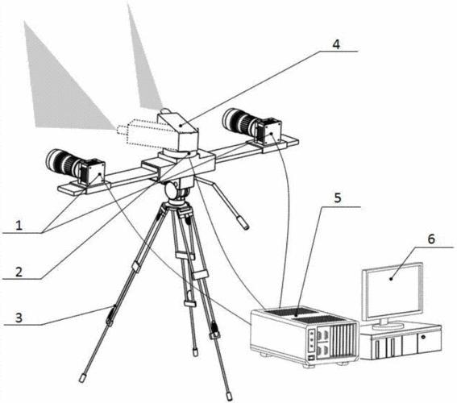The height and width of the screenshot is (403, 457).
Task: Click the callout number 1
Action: pos(19,225)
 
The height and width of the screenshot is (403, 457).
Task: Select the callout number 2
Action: pos(19,272)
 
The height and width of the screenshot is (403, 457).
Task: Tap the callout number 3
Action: pos(19,318)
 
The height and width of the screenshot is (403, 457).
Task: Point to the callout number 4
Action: pos(336,44)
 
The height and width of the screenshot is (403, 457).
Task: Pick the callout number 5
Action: pos(337,197)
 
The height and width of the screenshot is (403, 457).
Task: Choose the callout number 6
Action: pos(431,239)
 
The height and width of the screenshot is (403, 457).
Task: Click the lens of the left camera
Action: pos(62,163)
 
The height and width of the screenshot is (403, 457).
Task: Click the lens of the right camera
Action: pos(239,121)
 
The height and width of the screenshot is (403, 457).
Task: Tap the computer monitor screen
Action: pos(393,290)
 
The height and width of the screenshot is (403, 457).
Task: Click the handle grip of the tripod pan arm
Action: pos(243,222)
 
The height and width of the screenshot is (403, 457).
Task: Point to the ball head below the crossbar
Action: pos(174,189)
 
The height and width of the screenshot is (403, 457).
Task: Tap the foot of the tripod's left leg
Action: pos(82,378)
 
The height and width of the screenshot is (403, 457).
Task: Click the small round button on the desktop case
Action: pos(423,338)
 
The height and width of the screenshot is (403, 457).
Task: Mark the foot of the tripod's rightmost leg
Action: pos(230,396)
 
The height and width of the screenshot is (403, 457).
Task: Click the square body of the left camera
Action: pos(92,172)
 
